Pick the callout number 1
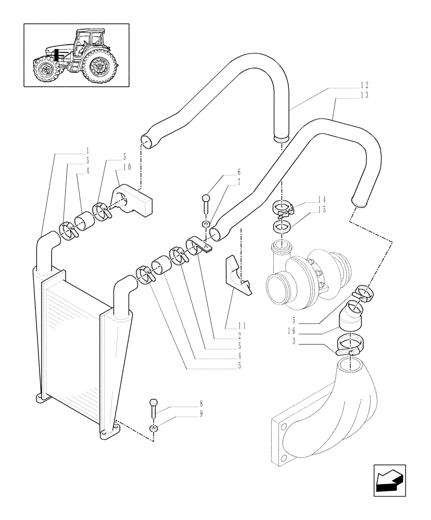pyautogui.click(x=88, y=149)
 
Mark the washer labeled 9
pyautogui.click(x=153, y=428)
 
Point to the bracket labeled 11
pyautogui.click(x=236, y=276)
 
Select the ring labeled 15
pyautogui.click(x=282, y=227)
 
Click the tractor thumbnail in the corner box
pyautogui.click(x=76, y=55)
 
